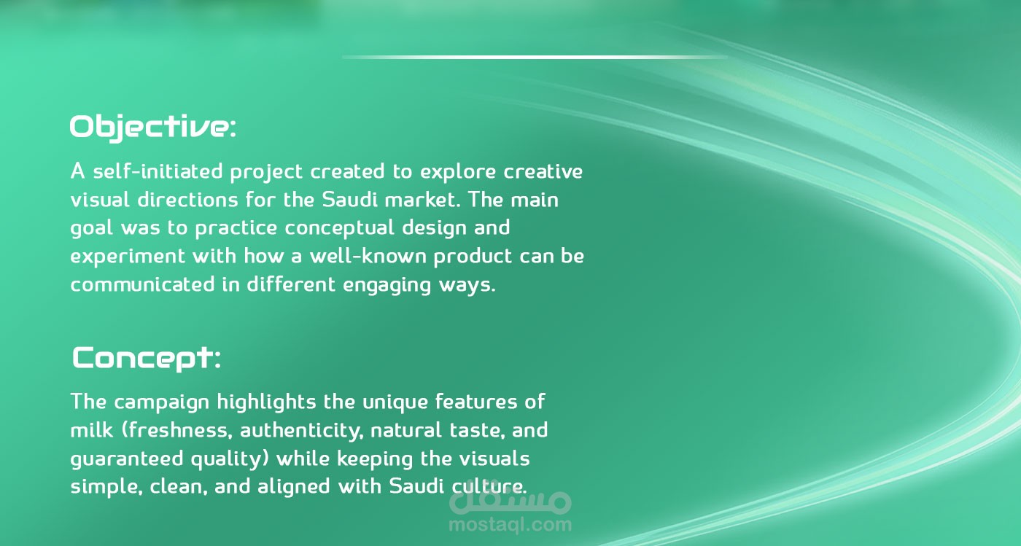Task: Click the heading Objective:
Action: [x=153, y=128]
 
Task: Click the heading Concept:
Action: [x=147, y=358]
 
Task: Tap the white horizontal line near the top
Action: [x=535, y=57]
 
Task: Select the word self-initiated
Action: [x=158, y=172]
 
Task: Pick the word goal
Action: [x=92, y=229]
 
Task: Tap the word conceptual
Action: [x=340, y=229]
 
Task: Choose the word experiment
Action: [x=128, y=257]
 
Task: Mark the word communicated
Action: [x=142, y=285]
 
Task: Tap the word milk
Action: [x=91, y=430]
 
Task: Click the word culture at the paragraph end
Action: [x=489, y=487]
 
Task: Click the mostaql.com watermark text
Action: [x=510, y=525]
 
